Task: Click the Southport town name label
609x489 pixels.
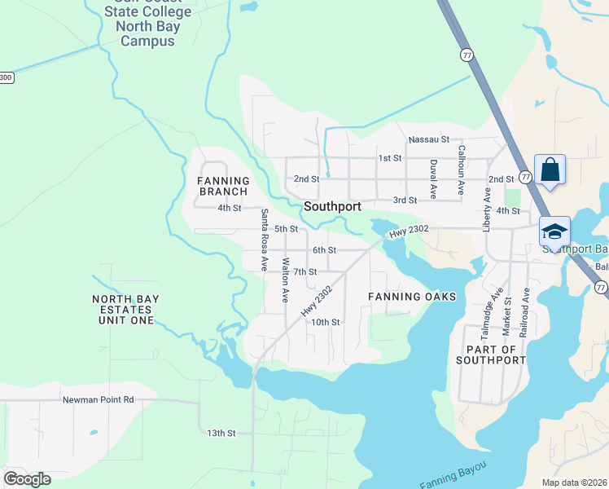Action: click(x=332, y=207)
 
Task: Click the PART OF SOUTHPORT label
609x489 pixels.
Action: click(x=491, y=353)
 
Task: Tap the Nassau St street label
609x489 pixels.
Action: click(x=429, y=139)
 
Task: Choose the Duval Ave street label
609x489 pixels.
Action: click(x=433, y=178)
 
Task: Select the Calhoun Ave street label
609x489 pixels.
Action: click(x=461, y=170)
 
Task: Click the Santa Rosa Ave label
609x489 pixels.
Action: click(x=264, y=240)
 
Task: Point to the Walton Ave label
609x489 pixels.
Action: click(x=285, y=280)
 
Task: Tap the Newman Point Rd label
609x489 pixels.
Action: click(x=98, y=400)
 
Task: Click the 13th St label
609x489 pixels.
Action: click(x=221, y=433)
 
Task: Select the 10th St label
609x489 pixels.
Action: click(x=324, y=322)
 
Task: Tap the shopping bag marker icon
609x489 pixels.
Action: click(x=550, y=170)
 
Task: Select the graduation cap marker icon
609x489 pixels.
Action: click(x=554, y=231)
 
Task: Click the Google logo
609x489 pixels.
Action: click(x=27, y=478)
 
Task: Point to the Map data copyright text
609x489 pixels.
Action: click(x=574, y=482)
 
